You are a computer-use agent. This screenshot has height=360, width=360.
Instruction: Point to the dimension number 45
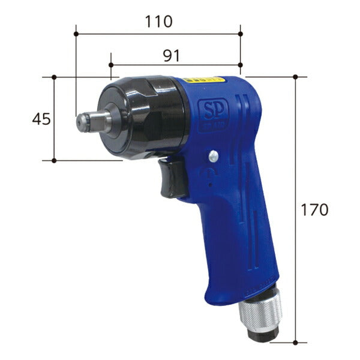pyautogui.click(x=41, y=119)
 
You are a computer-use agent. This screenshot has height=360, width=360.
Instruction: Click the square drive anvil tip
pyautogui.click(x=84, y=122)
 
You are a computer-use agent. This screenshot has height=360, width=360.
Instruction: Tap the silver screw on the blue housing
pyautogui.click(x=213, y=157)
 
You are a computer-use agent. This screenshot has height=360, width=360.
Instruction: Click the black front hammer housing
pyautogui.click(x=141, y=117)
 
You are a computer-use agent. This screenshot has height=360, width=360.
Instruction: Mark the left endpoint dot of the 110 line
pyautogui.click(x=76, y=34)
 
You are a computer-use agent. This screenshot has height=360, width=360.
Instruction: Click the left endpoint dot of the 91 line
pyautogui.click(x=112, y=64)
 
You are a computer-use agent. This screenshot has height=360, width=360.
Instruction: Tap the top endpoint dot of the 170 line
pyautogui.click(x=296, y=77)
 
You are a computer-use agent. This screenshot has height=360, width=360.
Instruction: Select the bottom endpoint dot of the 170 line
pyautogui.click(x=296, y=343)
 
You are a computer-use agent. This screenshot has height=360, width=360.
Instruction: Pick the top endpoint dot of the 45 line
pyautogui.click(x=54, y=77)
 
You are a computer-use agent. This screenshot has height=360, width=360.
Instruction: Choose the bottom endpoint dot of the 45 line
pyautogui.click(x=54, y=160)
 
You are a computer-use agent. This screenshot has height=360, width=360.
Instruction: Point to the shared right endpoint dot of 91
pyautogui.click(x=240, y=64)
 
